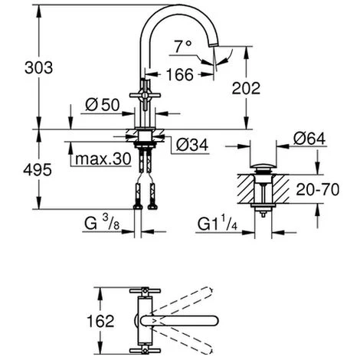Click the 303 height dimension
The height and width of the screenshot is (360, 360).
tap(39, 68)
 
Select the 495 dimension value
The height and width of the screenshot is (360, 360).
tap(38, 170)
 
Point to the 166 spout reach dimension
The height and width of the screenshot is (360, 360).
tap(180, 74)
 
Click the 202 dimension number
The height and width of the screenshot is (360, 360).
tap(246, 89)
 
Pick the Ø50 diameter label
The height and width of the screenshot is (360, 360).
tap(103, 105)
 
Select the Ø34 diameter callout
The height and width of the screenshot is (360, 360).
tap(192, 145)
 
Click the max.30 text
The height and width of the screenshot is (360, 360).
tap(103, 159)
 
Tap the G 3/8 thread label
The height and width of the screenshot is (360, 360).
tap(102, 223)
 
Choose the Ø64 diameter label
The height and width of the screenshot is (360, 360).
tap(309, 139)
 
